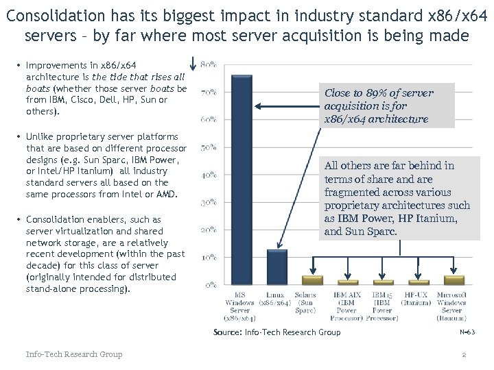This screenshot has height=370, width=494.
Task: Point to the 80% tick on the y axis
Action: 210,65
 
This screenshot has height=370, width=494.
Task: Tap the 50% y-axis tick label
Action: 210,147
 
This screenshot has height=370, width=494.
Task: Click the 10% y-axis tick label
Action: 210,257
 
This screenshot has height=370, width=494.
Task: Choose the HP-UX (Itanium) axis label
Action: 416,298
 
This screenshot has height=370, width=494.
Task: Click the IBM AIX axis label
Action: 346,306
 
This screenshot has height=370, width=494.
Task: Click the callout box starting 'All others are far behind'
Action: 398,199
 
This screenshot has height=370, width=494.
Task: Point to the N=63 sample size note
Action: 467,332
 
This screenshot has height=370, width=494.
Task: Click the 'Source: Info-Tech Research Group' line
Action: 277,332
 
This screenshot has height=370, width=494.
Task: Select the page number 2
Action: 464,354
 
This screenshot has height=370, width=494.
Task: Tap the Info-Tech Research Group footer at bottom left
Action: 74,354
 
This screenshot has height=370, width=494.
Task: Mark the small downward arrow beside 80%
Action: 195,63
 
